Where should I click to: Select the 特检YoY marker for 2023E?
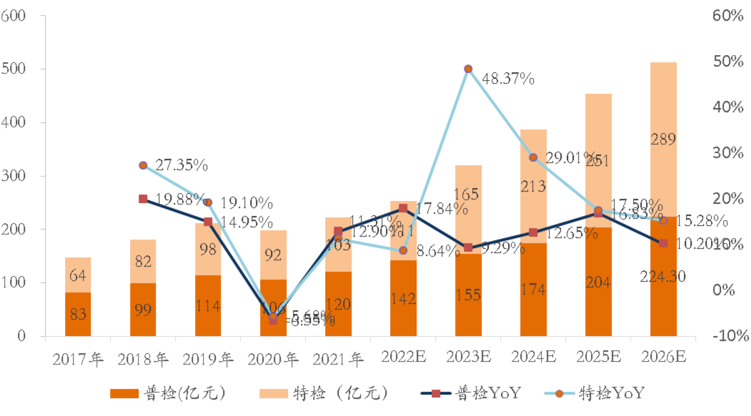pos(468,69)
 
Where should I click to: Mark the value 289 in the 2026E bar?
pos(663,139)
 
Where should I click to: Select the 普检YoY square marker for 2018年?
pos(143,199)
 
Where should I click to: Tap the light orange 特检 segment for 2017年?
pos(78,275)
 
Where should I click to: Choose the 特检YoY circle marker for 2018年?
pos(143,165)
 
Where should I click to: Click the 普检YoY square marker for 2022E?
pos(403,209)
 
